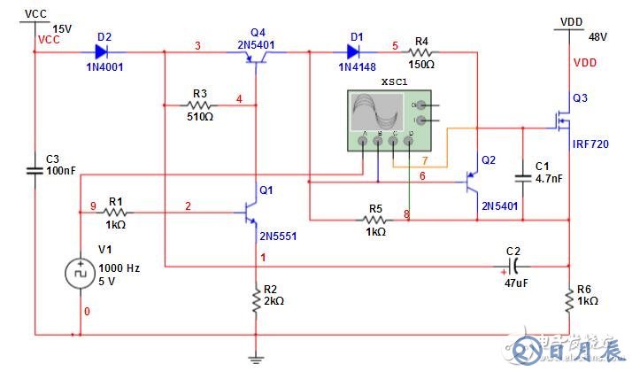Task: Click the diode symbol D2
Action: click(103, 52)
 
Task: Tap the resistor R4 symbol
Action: click(420, 52)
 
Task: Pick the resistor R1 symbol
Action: click(116, 213)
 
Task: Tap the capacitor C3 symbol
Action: click(35, 169)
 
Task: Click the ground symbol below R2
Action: click(255, 358)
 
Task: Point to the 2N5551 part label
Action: click(277, 236)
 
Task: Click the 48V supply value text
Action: click(597, 37)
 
